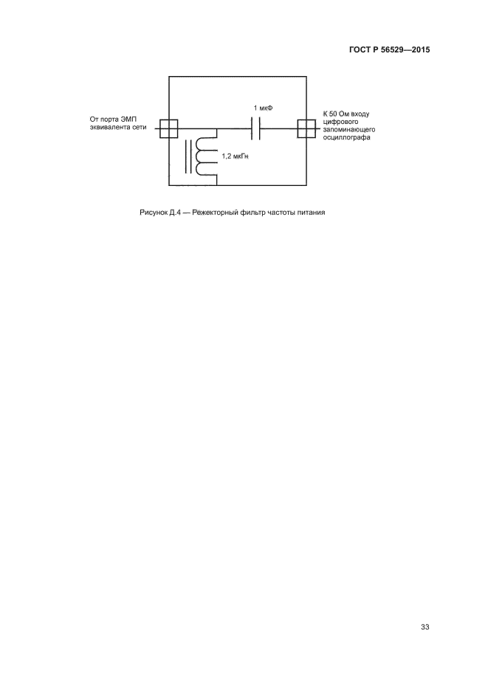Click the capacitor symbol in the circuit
(257, 129)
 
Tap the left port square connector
(169, 128)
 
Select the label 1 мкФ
(263, 108)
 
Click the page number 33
(425, 627)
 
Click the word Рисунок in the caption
(154, 214)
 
